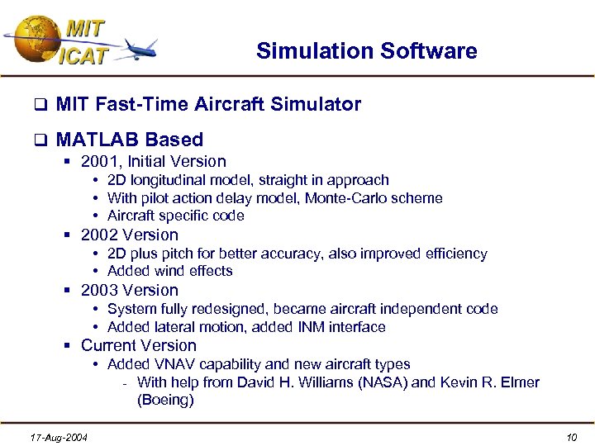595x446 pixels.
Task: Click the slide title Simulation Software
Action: pos(366,51)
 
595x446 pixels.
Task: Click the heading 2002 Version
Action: pos(130,235)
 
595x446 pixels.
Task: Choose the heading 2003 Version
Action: pos(130,291)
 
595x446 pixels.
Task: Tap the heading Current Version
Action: pos(139,346)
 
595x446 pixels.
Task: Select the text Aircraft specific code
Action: pos(175,216)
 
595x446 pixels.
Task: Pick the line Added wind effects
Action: pos(170,272)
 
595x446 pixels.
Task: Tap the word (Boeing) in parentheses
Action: pos(165,401)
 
